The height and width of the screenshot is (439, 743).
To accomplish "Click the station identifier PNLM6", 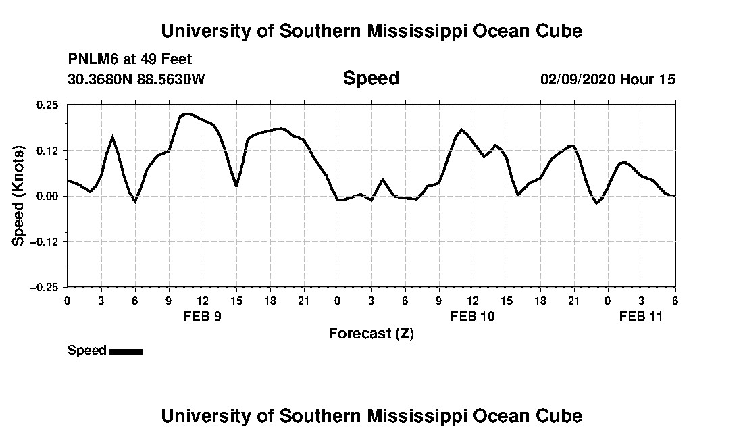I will tap(91, 59).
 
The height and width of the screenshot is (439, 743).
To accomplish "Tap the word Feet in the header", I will tap(177, 59).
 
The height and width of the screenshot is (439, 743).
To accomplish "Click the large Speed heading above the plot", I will tap(371, 78).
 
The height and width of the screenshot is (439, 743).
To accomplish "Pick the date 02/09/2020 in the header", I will tap(578, 79).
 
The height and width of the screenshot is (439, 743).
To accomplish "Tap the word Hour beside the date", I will tap(636, 79).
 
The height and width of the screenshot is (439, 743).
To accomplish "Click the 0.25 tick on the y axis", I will tap(48, 105).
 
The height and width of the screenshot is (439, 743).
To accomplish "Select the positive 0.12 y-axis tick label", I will tap(48, 150).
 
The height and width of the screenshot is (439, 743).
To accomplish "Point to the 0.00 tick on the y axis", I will tap(48, 196).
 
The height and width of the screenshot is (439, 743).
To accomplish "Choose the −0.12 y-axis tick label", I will tap(45, 241).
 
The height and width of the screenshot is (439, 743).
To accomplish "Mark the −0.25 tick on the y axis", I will tap(45, 287).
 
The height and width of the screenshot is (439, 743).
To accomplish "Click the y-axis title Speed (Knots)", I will tap(19, 196).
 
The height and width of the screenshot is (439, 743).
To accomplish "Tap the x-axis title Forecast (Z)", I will tap(371, 333).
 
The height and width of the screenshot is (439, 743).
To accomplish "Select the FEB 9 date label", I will tap(203, 316).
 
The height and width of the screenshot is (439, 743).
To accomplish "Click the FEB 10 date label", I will tap(473, 316).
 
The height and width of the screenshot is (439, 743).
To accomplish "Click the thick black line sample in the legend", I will tap(126, 351).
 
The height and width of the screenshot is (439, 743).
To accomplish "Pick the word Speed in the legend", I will tap(87, 351).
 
